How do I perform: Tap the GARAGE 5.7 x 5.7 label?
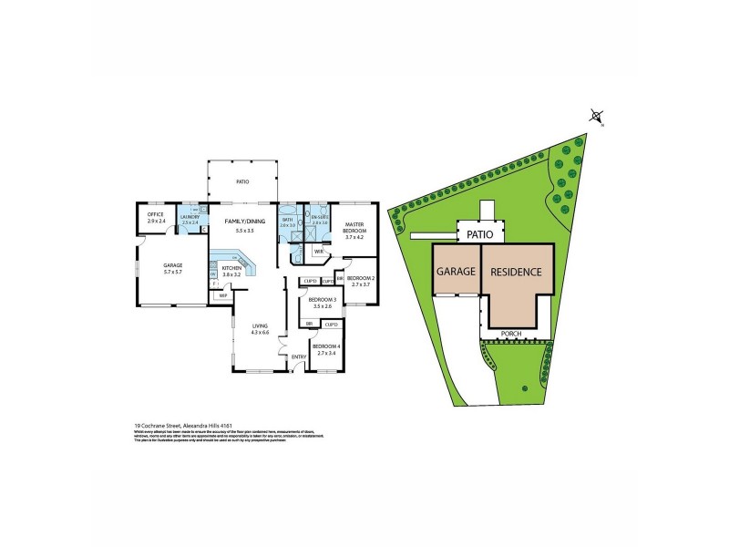point(160,269)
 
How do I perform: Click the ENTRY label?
point(297,356)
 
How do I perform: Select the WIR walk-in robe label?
point(319,252)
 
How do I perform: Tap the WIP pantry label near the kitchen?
point(221,295)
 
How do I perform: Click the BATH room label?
point(287,222)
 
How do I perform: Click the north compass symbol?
point(596,116)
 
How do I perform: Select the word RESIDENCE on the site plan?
point(517,273)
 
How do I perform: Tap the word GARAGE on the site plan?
point(456,273)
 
